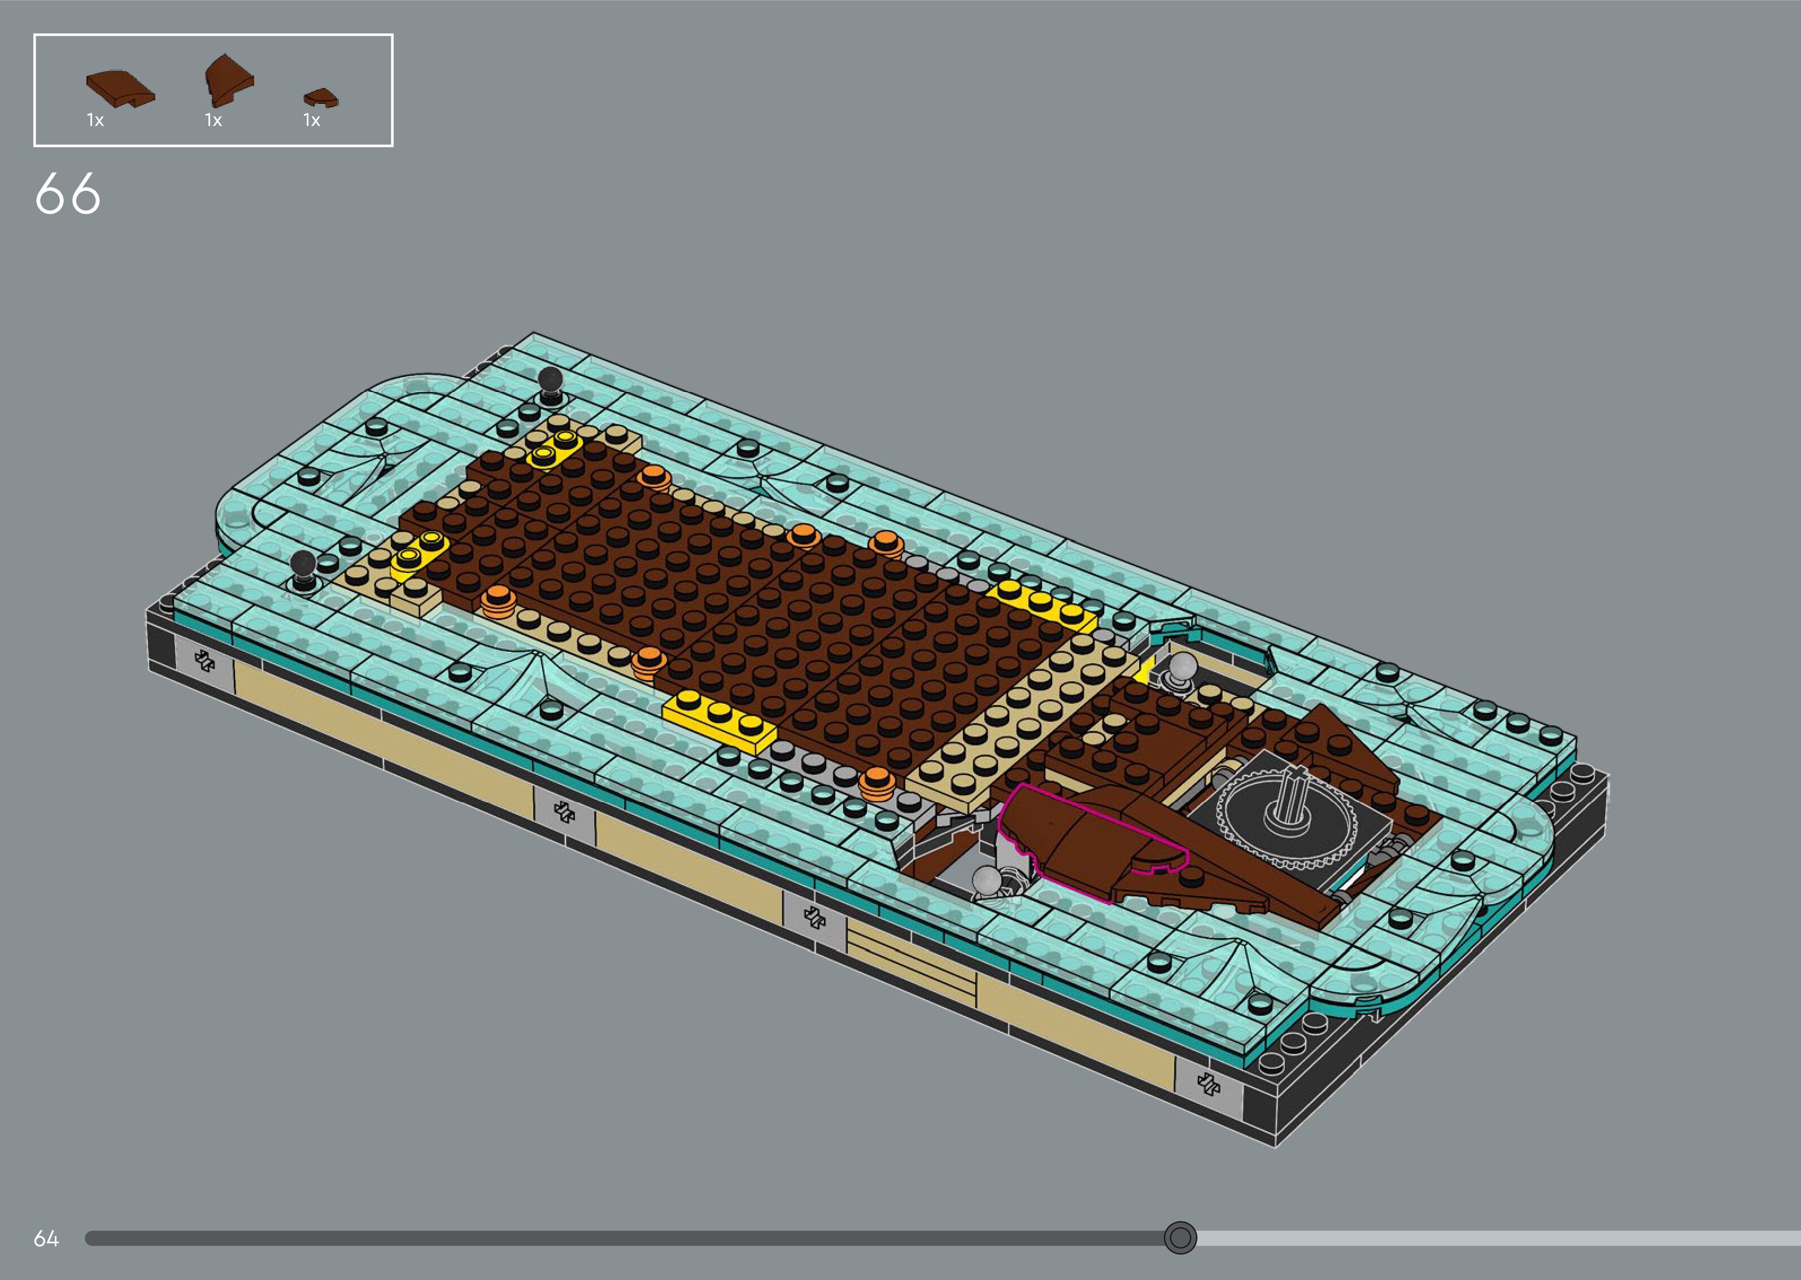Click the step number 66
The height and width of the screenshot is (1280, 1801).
pos(68,194)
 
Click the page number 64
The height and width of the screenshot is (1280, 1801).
pos(46,1238)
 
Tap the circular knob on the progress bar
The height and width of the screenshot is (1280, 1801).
pos(1180,1238)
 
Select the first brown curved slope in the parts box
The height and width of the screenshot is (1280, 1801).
pos(120,87)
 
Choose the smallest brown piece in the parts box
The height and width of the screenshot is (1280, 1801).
pos(321,98)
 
